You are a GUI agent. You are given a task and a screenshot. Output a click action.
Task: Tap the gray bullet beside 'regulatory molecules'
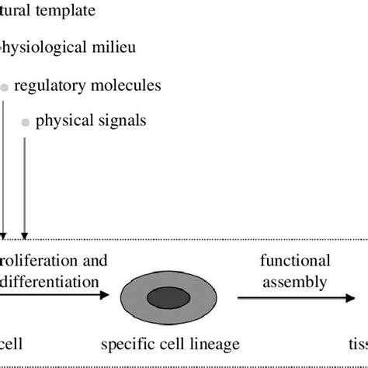[5, 88]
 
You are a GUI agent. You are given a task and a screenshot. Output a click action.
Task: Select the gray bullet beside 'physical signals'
[26, 123]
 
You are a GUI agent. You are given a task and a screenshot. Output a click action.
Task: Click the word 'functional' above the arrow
[294, 260]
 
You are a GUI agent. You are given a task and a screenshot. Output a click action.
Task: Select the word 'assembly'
[294, 282]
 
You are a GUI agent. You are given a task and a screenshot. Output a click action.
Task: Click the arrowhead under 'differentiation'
[105, 294]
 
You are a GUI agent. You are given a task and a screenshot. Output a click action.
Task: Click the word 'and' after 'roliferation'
[94, 260]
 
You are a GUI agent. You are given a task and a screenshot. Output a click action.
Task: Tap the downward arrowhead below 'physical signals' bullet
[25, 234]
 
